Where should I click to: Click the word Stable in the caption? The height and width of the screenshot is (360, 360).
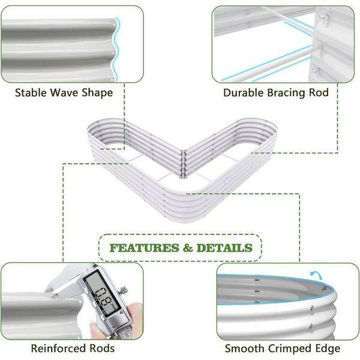point(31,92)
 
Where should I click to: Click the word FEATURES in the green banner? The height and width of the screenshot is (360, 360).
point(144,248)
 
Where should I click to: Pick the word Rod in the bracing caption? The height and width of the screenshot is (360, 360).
point(319,92)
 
